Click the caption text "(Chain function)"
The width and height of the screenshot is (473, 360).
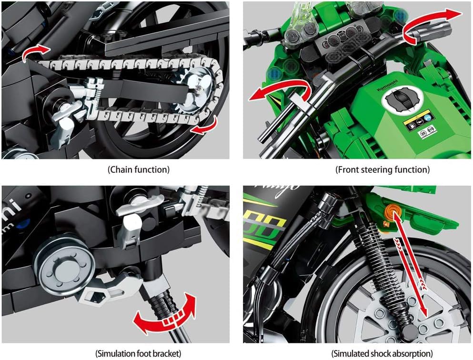click(139, 169)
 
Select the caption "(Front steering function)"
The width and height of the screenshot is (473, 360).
click(382, 169)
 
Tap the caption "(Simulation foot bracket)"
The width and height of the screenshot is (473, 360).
click(139, 353)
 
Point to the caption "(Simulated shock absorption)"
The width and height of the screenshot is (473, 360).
click(382, 353)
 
